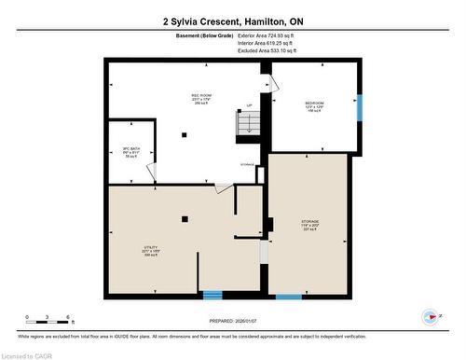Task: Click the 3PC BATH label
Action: [130, 151]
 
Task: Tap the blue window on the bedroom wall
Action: [360, 107]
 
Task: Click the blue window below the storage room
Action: [289, 297]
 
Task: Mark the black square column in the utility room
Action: [184, 219]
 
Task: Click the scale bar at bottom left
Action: [48, 323]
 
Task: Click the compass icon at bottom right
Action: [431, 316]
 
